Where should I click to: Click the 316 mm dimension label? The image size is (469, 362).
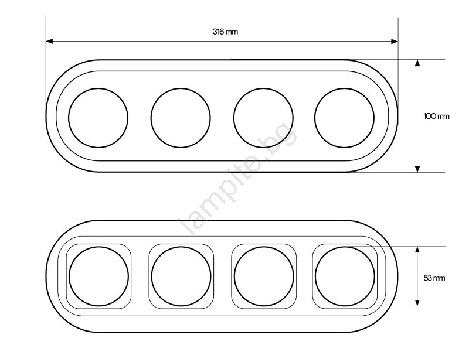pyautogui.click(x=225, y=32)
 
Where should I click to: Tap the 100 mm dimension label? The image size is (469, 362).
pyautogui.click(x=436, y=116)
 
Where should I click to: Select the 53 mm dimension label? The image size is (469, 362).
pyautogui.click(x=434, y=278)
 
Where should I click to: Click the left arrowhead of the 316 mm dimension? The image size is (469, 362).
pyautogui.click(x=49, y=41)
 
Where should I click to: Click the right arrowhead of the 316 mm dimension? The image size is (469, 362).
pyautogui.click(x=395, y=41)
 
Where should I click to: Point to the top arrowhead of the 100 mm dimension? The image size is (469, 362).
pyautogui.click(x=417, y=63)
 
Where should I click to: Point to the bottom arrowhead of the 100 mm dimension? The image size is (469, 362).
pyautogui.click(x=417, y=169)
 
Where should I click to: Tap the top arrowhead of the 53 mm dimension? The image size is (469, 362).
pyautogui.click(x=417, y=250)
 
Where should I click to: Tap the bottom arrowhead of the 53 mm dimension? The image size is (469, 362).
pyautogui.click(x=417, y=302)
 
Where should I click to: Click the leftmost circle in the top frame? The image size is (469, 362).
pyautogui.click(x=69, y=118)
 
